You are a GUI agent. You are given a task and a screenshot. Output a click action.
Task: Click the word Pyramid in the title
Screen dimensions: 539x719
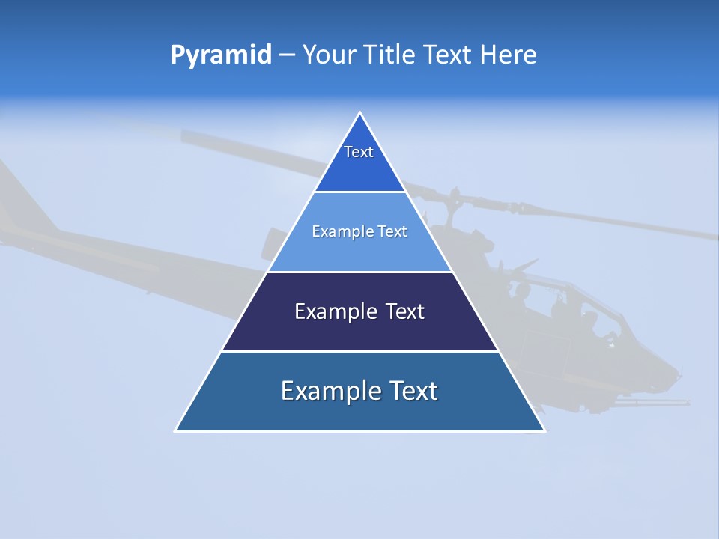click(220, 55)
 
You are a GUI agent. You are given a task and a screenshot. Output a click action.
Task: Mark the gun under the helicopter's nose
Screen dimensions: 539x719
click(659, 403)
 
